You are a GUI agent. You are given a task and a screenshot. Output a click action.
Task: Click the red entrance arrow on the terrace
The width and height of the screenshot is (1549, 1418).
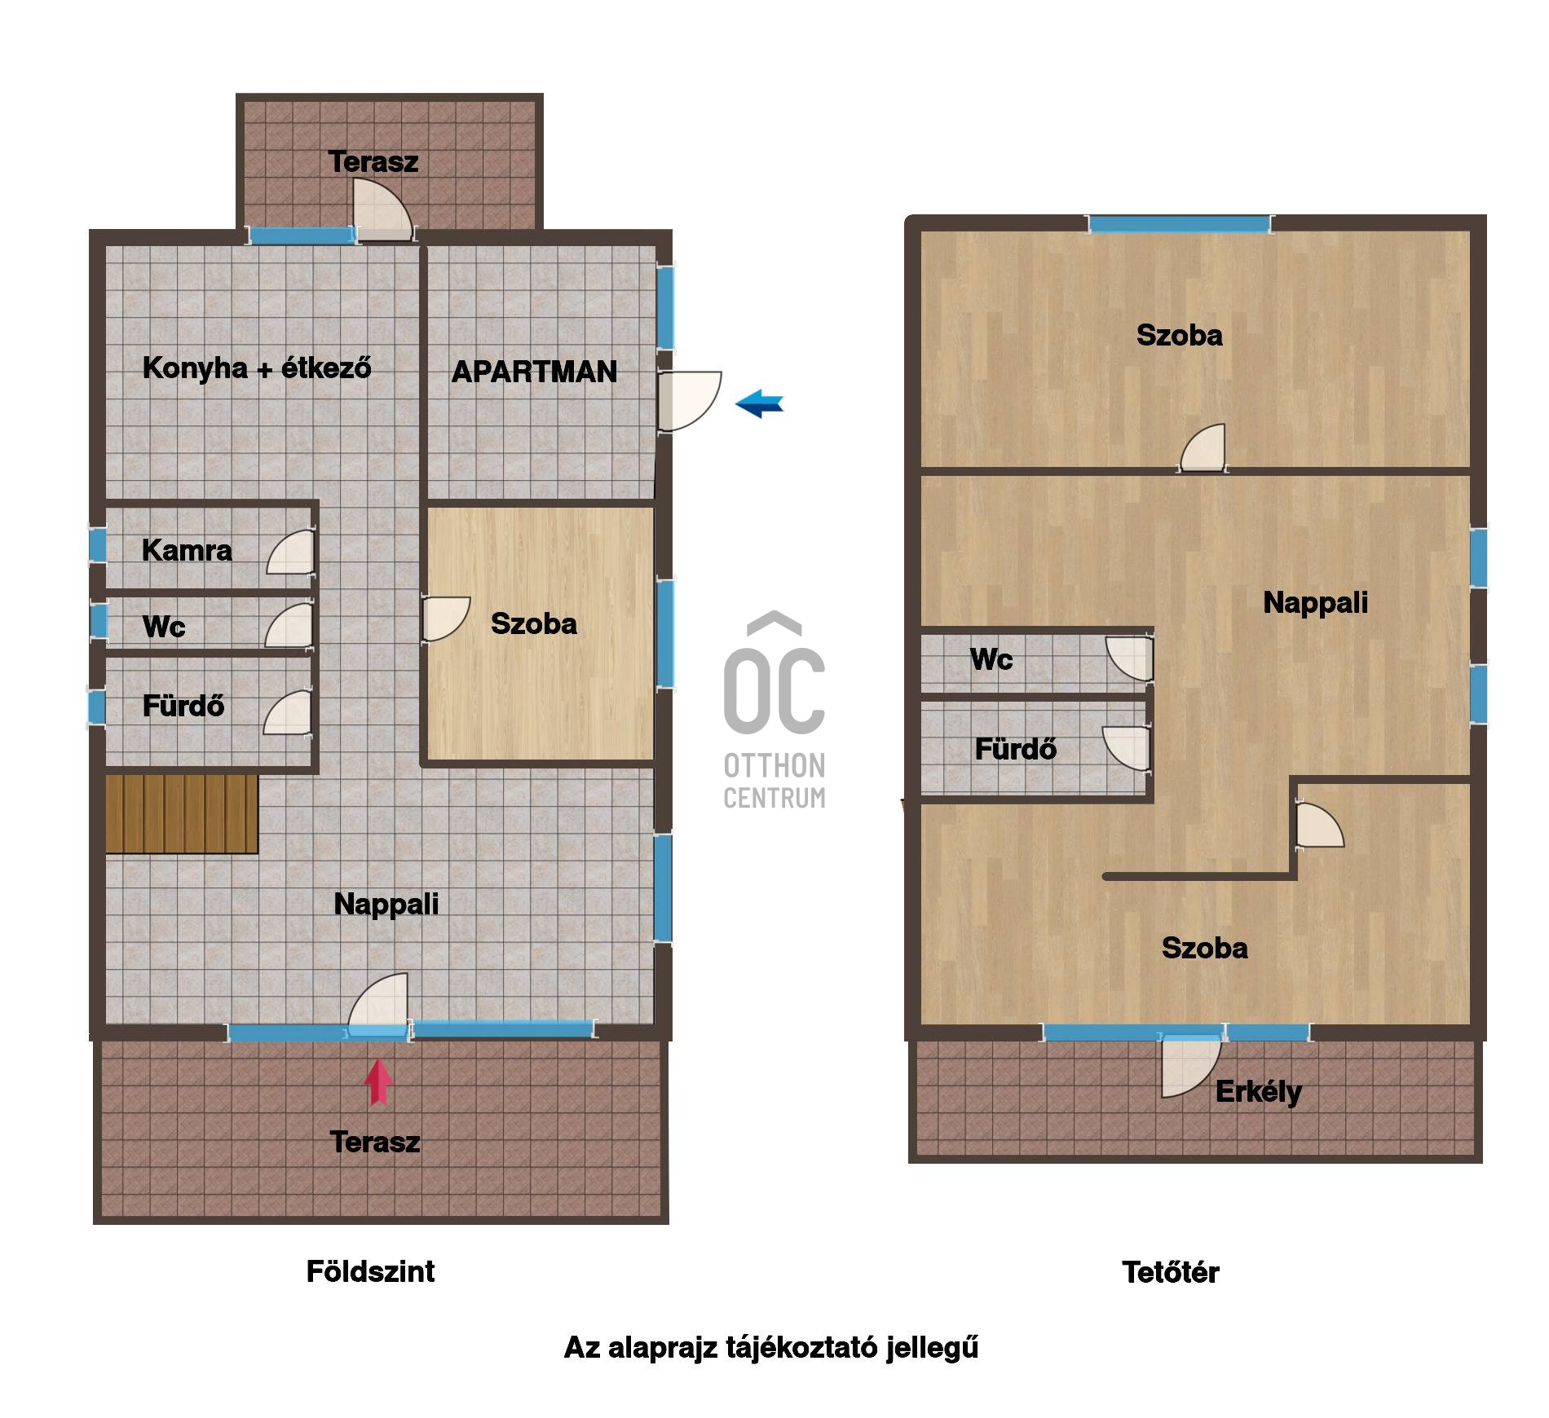(378, 1081)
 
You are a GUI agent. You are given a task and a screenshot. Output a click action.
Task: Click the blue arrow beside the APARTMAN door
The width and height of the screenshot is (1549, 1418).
(759, 403)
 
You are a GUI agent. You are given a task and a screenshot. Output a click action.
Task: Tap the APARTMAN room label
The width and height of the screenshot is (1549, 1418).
(534, 372)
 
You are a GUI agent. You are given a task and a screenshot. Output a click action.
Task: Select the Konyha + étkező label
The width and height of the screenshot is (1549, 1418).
(257, 368)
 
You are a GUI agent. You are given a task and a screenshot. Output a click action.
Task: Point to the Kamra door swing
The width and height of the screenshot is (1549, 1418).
(290, 552)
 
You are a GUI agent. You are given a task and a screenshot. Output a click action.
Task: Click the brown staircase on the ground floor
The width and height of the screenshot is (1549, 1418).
(182, 814)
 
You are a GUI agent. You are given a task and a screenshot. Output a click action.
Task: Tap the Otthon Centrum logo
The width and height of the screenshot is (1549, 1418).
(774, 710)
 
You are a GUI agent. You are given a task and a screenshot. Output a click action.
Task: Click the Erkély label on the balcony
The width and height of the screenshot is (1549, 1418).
(1259, 1092)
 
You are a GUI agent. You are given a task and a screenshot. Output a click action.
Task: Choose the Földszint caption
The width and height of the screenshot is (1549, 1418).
(370, 1271)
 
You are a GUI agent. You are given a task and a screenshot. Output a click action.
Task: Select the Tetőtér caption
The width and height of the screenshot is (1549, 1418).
(1170, 1272)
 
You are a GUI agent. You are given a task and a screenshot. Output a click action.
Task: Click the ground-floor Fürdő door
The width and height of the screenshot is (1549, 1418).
(288, 715)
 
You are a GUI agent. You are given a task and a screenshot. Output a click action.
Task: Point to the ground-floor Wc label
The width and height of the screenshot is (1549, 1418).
(164, 627)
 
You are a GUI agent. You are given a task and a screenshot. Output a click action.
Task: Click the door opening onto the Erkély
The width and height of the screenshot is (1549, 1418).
(1191, 1066)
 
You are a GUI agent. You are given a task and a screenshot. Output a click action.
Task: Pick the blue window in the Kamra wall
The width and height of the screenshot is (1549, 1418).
(97, 545)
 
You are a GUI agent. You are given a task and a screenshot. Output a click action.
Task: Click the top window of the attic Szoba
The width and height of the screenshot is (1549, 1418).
(1180, 224)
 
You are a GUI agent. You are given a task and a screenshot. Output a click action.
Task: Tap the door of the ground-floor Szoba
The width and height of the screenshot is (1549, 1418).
(446, 619)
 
